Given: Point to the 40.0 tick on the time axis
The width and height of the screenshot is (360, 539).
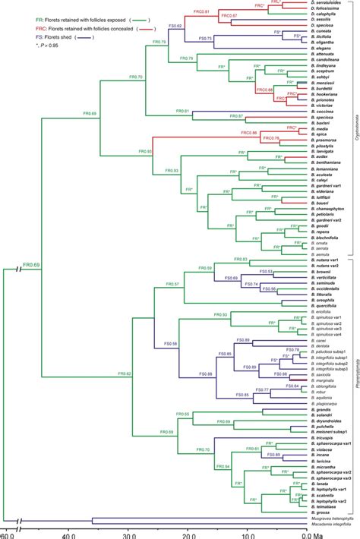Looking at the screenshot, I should (68, 533).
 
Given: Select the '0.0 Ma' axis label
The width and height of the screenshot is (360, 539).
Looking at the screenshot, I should (308, 533).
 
